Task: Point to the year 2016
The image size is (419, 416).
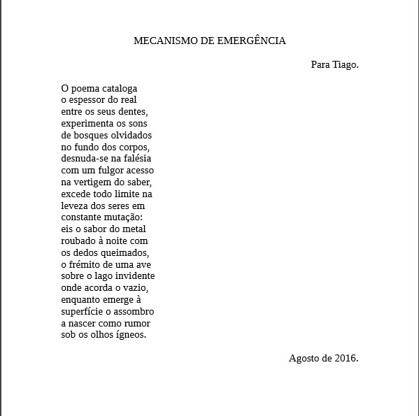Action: (346, 358)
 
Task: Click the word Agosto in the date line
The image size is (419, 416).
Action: (304, 358)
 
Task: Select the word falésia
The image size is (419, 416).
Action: (135, 158)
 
